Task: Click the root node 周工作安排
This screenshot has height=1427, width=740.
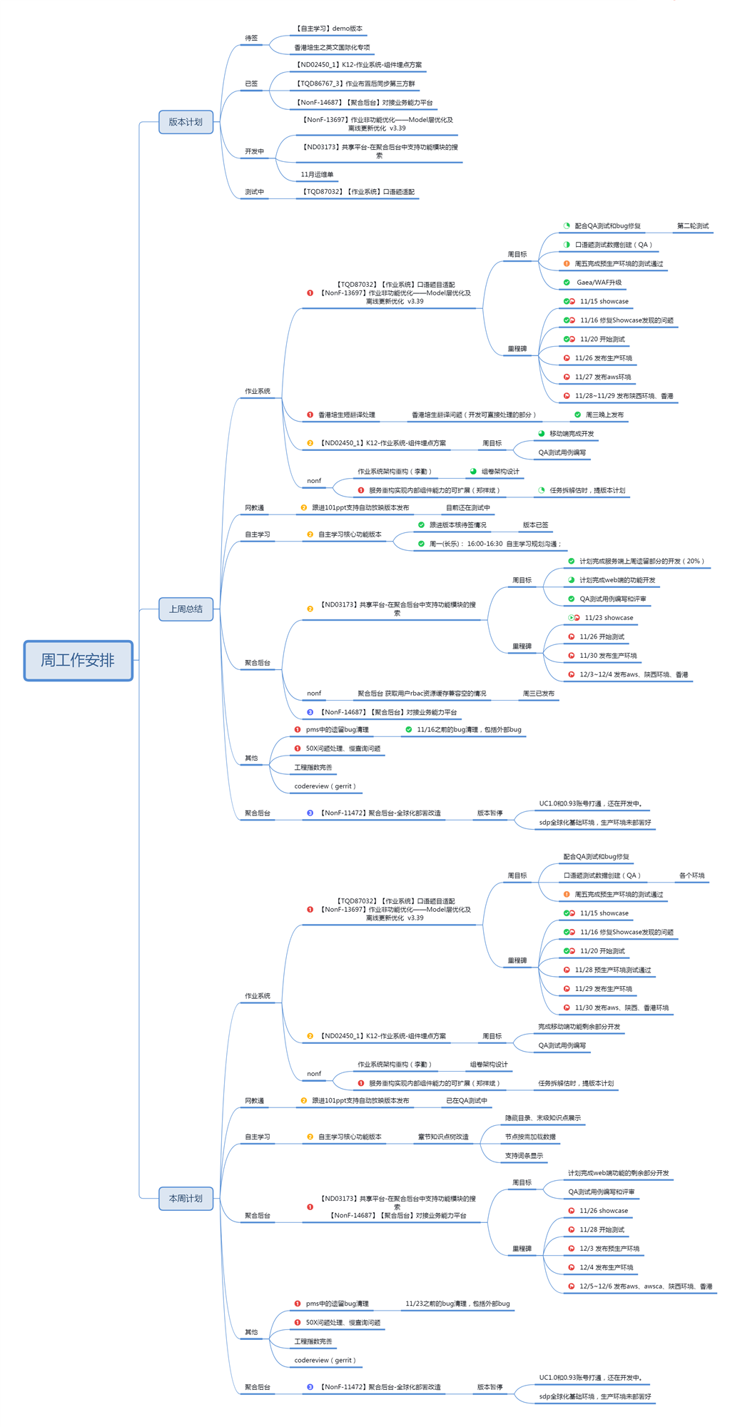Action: [78, 660]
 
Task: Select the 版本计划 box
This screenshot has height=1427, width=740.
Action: [186, 122]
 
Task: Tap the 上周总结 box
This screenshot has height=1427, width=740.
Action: [186, 609]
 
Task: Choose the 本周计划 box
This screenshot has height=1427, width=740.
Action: [186, 1198]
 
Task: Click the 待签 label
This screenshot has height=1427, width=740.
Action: [251, 38]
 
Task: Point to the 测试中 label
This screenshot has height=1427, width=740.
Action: [254, 192]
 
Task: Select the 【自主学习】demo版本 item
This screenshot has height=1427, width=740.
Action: [329, 29]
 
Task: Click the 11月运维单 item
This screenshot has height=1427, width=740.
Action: [317, 174]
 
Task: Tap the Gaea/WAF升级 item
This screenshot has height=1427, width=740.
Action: [599, 283]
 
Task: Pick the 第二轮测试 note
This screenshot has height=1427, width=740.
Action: [692, 226]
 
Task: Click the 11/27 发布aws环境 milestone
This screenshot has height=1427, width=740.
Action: [602, 377]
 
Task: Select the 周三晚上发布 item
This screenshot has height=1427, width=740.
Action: [604, 415]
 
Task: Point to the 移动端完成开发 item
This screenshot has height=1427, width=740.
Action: [571, 434]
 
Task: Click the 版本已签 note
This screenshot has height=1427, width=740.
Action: [535, 525]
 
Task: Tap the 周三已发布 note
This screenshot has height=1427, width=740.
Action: [538, 693]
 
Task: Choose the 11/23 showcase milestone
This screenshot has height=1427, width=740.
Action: [608, 618]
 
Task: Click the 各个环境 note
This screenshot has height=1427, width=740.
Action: [691, 875]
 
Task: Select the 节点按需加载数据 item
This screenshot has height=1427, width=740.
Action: [530, 1137]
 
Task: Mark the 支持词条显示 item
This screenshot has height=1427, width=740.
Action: [524, 1155]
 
